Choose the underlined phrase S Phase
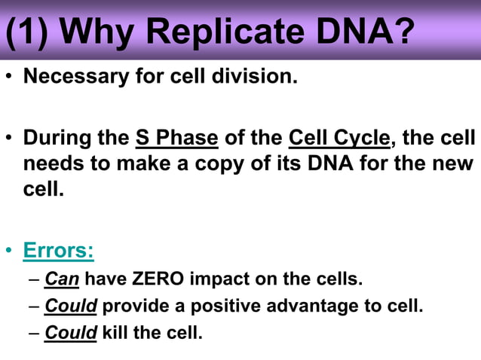click(x=176, y=139)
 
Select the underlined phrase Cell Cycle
click(x=339, y=139)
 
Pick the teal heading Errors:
click(x=58, y=250)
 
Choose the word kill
click(x=115, y=332)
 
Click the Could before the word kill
click(x=71, y=332)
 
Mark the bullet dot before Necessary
click(x=10, y=78)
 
